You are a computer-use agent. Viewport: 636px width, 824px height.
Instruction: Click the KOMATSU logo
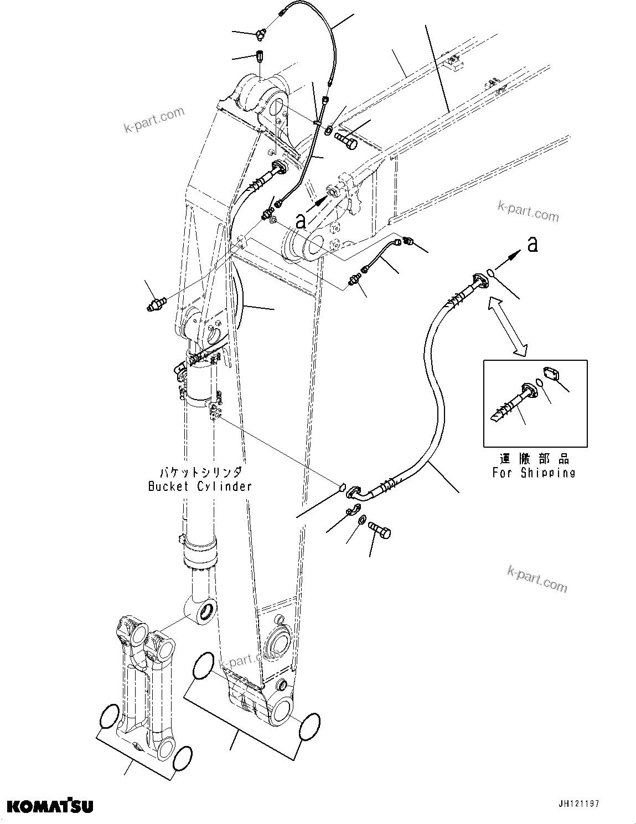coord(50,806)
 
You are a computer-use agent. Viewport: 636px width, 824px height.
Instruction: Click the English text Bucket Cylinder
coord(200,486)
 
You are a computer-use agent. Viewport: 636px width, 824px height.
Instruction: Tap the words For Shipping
coord(534,473)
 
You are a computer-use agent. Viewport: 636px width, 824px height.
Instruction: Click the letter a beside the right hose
coord(532,245)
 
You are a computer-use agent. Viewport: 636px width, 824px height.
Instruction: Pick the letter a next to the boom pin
coord(301,221)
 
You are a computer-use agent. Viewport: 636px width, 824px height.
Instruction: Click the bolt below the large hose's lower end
coord(380,530)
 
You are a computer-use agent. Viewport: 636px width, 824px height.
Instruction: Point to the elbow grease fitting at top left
coord(261,35)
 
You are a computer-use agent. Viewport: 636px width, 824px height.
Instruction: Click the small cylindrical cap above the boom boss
coord(260,56)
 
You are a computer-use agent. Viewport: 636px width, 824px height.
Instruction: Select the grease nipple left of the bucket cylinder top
coord(157,304)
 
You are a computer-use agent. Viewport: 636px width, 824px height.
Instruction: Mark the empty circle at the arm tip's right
coord(309,726)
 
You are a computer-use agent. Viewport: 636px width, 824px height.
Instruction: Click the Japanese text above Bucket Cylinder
coord(200,473)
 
